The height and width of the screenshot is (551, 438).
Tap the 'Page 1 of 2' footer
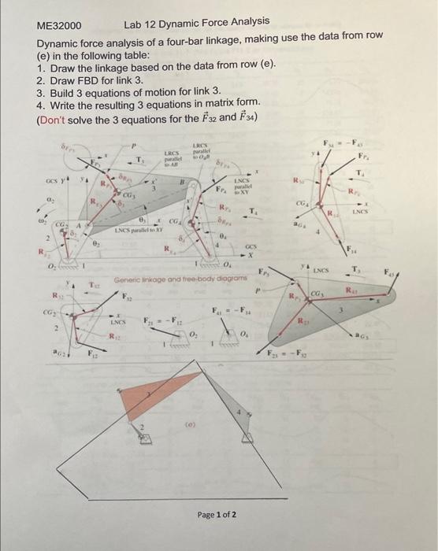point(216,515)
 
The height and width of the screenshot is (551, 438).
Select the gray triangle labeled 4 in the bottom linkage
point(241,416)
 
